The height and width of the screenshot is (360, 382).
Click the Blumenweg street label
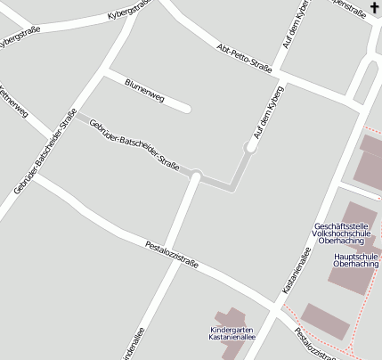(x=144, y=87)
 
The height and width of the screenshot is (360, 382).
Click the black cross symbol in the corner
(x=373, y=8)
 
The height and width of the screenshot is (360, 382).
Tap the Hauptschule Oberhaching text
(x=356, y=259)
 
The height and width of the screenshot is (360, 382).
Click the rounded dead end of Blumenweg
(x=186, y=109)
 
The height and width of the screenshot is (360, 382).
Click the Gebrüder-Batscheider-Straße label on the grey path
(x=134, y=143)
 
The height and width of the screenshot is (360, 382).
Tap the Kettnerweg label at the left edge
(x=13, y=102)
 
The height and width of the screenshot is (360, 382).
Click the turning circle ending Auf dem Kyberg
(x=252, y=145)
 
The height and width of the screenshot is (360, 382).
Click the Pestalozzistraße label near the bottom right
(x=316, y=346)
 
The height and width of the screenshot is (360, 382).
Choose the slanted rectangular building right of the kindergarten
(x=325, y=322)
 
